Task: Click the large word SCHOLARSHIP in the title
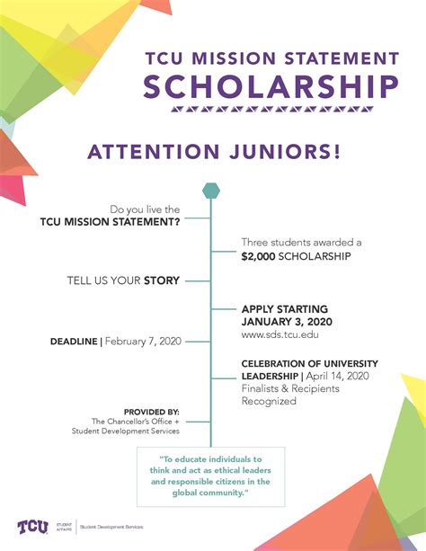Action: point(271,87)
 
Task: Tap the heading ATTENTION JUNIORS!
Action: point(214,151)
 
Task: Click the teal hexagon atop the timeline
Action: point(210,190)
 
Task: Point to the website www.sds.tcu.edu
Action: point(280,334)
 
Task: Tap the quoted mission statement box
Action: point(210,475)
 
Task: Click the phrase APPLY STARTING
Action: point(285,308)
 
